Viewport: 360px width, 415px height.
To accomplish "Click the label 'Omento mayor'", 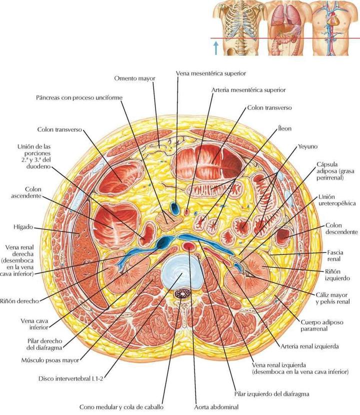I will point(134,78).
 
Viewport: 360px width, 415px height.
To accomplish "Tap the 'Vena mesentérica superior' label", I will point(211,73).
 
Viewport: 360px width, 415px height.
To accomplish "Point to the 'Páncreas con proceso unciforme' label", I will point(78,97).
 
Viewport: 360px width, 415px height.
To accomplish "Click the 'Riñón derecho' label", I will point(19,301).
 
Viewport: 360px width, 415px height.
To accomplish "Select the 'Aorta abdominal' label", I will point(217,407).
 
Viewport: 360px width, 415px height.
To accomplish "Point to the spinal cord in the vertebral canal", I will point(179,302).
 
